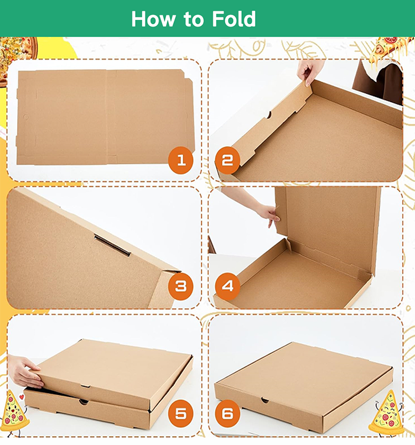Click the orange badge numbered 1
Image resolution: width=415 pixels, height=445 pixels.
pyautogui.click(x=181, y=161)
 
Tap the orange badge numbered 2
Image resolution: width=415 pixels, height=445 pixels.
pyautogui.click(x=227, y=161)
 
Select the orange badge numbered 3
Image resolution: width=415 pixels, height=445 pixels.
pyautogui.click(x=181, y=286)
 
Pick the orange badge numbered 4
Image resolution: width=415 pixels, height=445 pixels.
pyautogui.click(x=227, y=286)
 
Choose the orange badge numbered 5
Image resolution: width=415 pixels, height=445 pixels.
pyautogui.click(x=181, y=413)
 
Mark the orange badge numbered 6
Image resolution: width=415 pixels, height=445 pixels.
pyautogui.click(x=227, y=413)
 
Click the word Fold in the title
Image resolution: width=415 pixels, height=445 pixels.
pyautogui.click(x=233, y=19)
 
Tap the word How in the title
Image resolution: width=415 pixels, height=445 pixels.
pyautogui.click(x=152, y=19)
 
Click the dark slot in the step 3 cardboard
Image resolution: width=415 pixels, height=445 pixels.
pyautogui.click(x=112, y=245)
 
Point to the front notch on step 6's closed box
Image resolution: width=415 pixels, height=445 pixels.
pyautogui.click(x=265, y=400)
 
